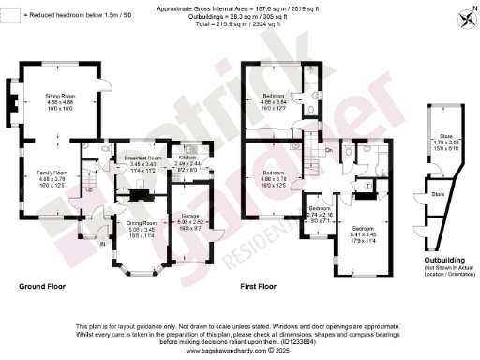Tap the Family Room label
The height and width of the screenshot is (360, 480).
click(52, 172)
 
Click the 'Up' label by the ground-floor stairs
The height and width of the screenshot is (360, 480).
click(88, 189)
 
